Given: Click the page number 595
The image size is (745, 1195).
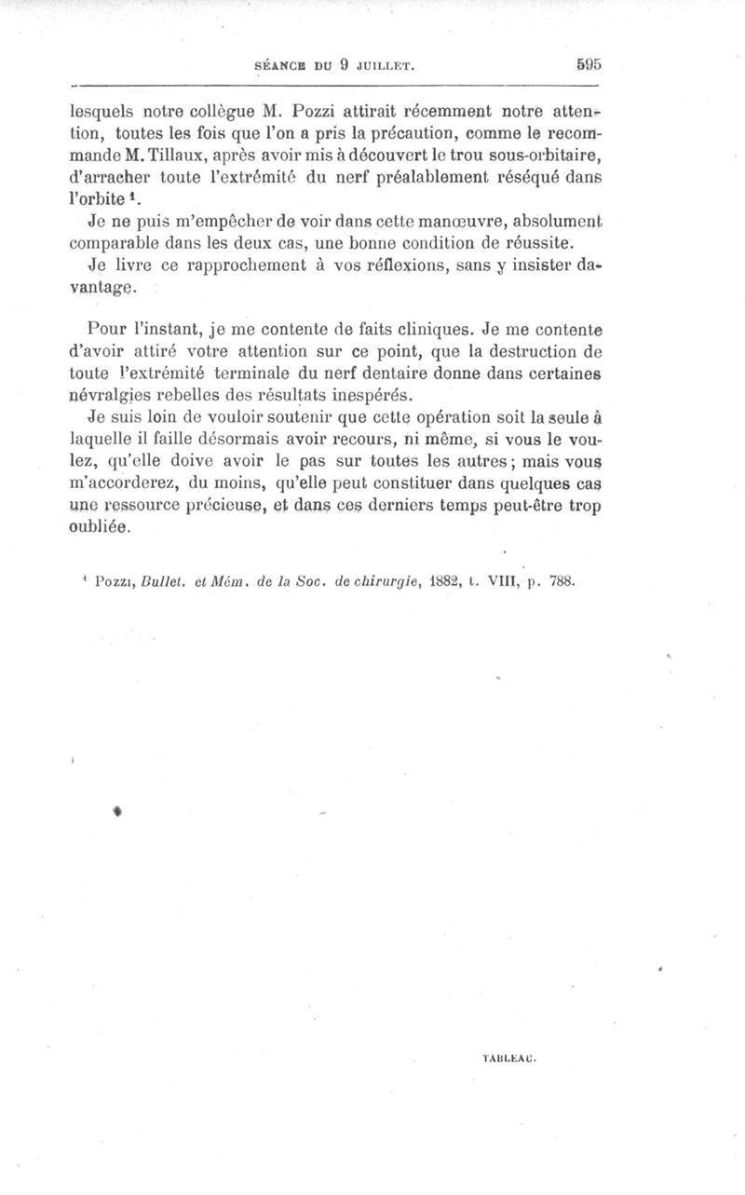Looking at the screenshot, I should pyautogui.click(x=589, y=65).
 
